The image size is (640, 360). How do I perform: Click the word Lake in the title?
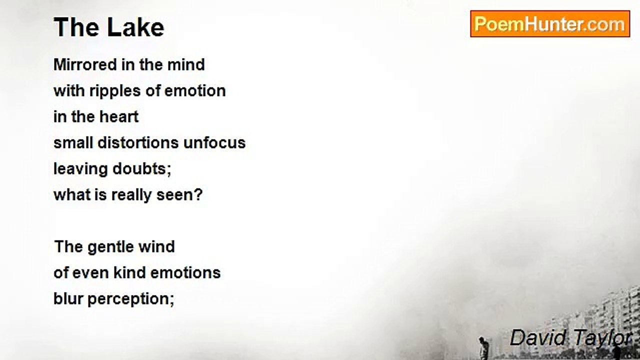[135, 27]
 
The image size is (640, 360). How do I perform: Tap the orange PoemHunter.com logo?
[550, 23]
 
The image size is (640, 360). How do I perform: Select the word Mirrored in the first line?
[85, 64]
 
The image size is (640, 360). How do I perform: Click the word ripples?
[115, 91]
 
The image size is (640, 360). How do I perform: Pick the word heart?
[119, 116]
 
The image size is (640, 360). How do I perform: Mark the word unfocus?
[214, 142]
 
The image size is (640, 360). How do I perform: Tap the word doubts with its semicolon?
[141, 169]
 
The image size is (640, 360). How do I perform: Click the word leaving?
[80, 169]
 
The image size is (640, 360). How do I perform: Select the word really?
[131, 195]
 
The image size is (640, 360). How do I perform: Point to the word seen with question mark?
[179, 195]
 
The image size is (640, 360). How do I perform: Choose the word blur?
[68, 298]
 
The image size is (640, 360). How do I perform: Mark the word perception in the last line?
[131, 299]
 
